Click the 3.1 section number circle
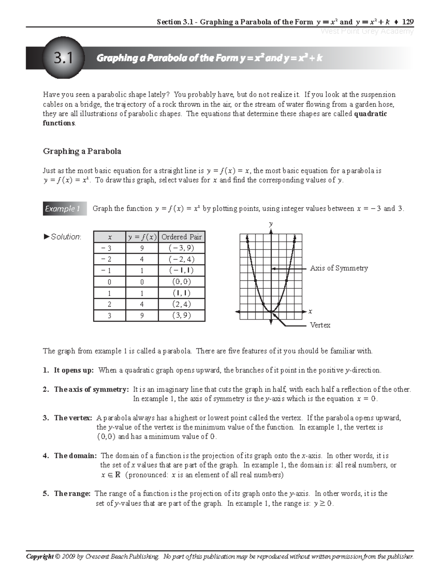(x=63, y=58)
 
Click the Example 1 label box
(x=63, y=208)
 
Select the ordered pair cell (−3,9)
(x=181, y=248)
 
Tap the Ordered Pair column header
(x=181, y=237)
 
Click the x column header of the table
(x=110, y=237)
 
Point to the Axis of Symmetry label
(x=339, y=268)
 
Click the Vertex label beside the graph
(x=320, y=325)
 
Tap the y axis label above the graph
(x=271, y=223)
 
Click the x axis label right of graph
(x=310, y=311)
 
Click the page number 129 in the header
(x=407, y=22)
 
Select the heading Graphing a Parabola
(x=82, y=151)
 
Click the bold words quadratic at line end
(x=371, y=114)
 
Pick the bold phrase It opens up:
(x=74, y=370)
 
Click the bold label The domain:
(x=75, y=456)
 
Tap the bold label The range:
(x=72, y=494)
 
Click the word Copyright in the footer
(x=39, y=557)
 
